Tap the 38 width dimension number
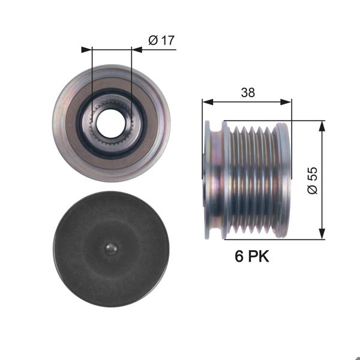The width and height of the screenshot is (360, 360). tap(247, 92)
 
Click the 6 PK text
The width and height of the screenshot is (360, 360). tap(251, 257)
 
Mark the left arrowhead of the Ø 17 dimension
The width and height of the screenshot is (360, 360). tap(87, 50)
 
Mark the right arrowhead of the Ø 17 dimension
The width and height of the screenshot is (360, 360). tap(136, 50)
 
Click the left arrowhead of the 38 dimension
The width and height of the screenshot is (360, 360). tap(206, 102)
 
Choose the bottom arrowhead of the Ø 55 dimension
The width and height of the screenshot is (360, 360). tap(323, 234)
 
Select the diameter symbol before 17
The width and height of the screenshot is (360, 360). tap(152, 40)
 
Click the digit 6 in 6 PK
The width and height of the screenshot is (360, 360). tap(239, 257)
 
